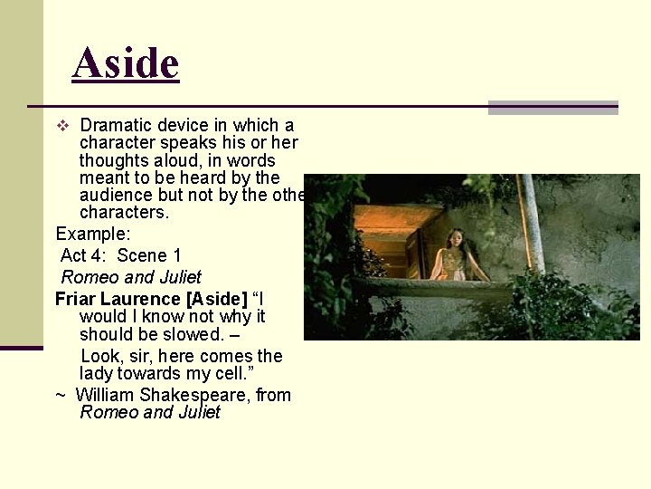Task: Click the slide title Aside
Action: click(x=126, y=63)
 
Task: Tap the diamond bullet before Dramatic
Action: click(x=61, y=126)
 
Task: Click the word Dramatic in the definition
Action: click(x=117, y=125)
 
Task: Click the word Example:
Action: click(x=93, y=234)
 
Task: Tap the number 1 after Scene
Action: click(x=176, y=255)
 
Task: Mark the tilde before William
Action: click(x=60, y=395)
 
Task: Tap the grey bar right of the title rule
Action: click(x=552, y=108)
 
